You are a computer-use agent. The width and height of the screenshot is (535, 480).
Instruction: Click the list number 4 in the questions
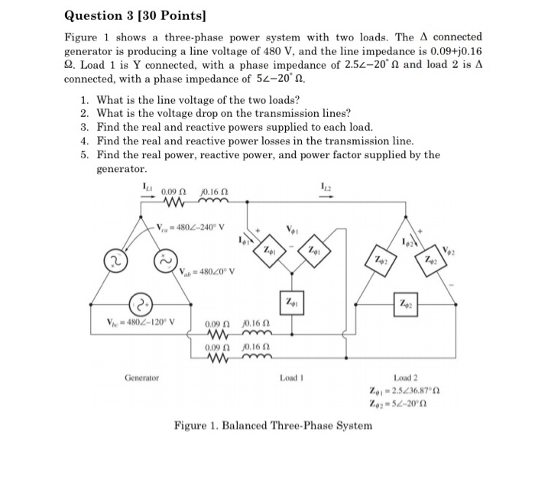pyautogui.click(x=83, y=141)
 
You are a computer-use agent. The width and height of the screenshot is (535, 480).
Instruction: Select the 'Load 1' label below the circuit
pyautogui.click(x=292, y=378)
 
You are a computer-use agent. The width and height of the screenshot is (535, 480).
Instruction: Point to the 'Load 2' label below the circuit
pyautogui.click(x=405, y=378)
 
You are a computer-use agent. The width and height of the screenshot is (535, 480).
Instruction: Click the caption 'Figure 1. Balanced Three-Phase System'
pyautogui.click(x=273, y=425)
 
